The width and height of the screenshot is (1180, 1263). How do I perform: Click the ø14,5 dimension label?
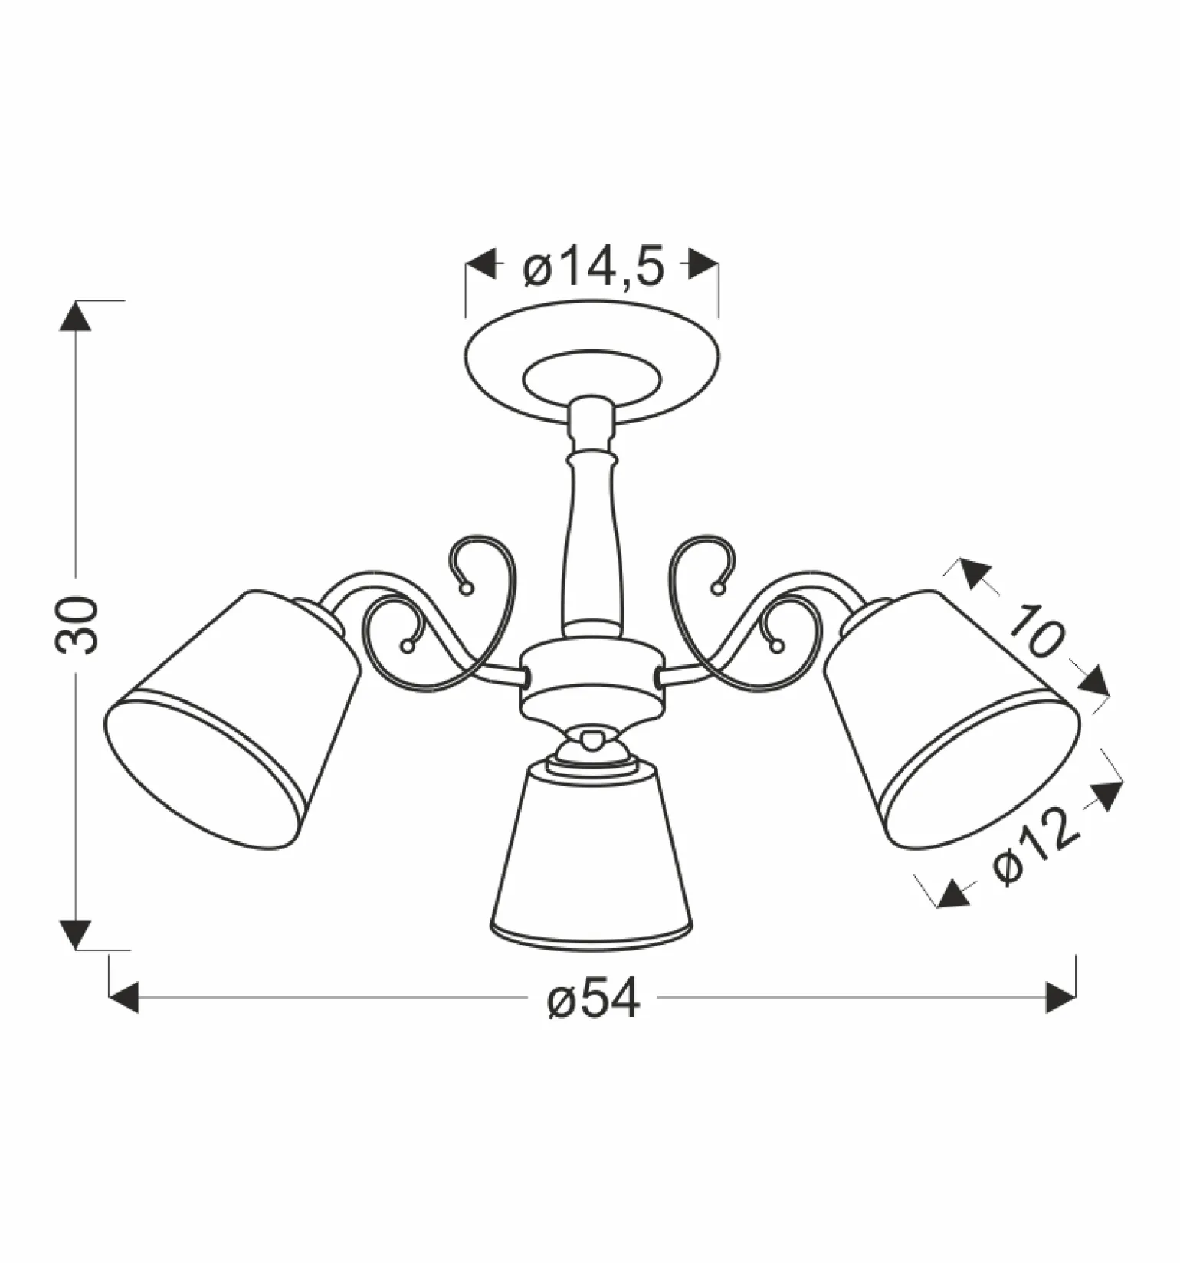[x=593, y=268]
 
